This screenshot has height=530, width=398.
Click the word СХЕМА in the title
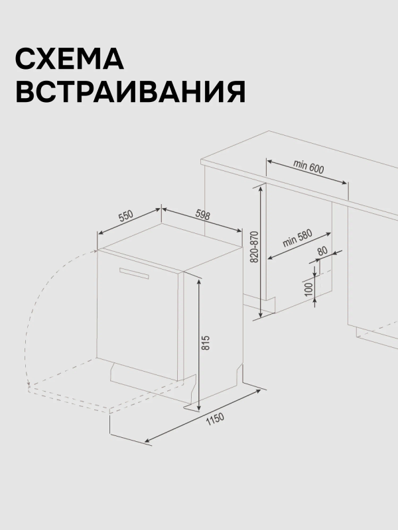[x=70, y=58]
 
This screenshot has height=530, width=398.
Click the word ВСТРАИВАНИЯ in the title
[x=131, y=91]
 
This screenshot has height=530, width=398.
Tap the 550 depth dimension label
[x=126, y=217]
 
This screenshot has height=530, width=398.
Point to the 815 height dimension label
[x=206, y=343]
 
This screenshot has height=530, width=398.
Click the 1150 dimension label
[x=215, y=419]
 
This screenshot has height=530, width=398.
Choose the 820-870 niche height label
[x=255, y=246]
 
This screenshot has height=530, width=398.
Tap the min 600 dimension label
[x=308, y=167]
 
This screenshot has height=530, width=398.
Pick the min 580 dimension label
[x=297, y=238]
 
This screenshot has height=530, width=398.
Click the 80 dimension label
[x=323, y=251]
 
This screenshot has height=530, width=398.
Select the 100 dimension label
[x=308, y=290]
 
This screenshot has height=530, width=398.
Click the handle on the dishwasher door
[x=134, y=273]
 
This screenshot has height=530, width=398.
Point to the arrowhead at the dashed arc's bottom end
[x=29, y=384]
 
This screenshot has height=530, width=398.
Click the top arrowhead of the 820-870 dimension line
[x=261, y=189]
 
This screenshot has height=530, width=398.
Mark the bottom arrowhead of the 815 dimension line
[x=199, y=407]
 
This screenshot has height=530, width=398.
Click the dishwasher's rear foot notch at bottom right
[x=239, y=373]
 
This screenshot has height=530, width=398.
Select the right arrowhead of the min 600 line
[x=344, y=183]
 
